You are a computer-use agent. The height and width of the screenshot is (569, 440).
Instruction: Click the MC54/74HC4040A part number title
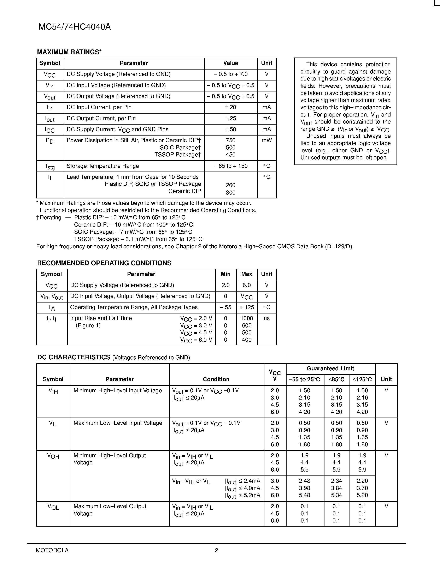[x=75, y=27]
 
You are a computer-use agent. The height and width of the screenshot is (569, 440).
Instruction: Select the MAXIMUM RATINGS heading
[x=69, y=52]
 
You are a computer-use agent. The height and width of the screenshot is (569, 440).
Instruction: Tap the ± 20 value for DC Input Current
[x=230, y=107]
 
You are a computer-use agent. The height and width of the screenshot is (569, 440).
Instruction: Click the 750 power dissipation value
[x=230, y=140]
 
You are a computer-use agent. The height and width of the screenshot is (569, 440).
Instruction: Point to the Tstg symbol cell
[x=49, y=166]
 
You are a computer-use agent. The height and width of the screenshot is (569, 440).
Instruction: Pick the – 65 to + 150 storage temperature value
[x=230, y=166]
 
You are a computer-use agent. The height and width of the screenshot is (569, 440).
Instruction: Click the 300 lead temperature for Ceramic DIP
[x=230, y=193]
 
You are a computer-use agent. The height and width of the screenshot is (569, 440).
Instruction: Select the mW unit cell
[x=267, y=140]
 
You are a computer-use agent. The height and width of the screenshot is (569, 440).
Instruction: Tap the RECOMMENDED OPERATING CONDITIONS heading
[x=104, y=263]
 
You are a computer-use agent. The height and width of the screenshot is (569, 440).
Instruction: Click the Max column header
[x=247, y=274]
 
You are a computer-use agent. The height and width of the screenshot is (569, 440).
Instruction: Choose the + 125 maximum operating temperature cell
[x=247, y=307]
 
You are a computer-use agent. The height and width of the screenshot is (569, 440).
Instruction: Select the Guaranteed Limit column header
[x=330, y=368]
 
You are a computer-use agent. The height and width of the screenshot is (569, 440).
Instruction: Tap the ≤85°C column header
[x=336, y=379]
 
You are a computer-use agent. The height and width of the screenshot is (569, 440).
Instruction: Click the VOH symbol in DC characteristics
[x=53, y=456]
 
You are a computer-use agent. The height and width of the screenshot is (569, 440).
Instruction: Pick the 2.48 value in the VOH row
[x=304, y=481]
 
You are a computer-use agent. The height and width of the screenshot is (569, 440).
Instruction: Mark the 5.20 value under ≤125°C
[x=362, y=495]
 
